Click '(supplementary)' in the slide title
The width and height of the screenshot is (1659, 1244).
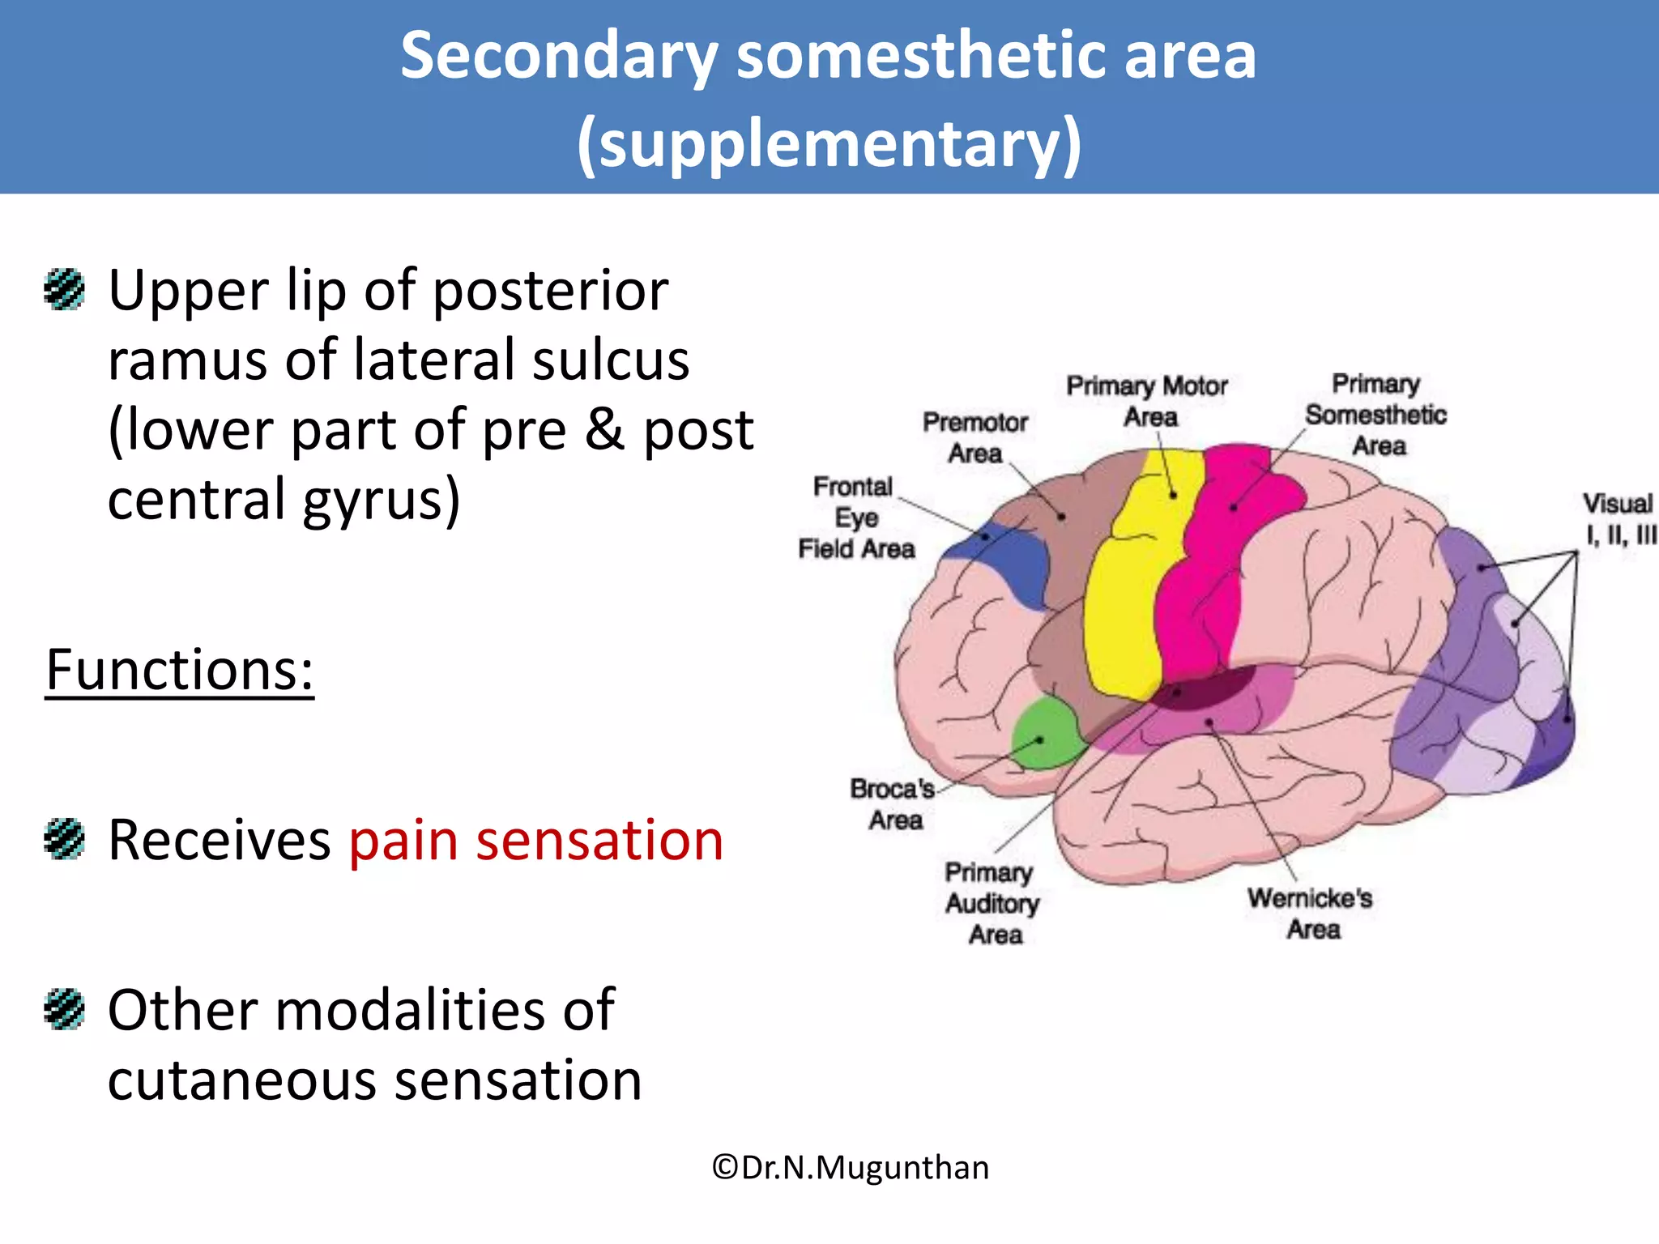(x=829, y=144)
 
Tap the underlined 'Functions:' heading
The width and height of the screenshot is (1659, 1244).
(x=179, y=671)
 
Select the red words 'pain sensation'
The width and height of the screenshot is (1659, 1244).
(x=535, y=841)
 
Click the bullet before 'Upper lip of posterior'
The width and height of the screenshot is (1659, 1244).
(x=64, y=290)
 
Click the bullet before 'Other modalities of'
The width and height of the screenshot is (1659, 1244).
(x=64, y=1009)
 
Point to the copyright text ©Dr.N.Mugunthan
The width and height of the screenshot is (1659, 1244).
(x=850, y=1168)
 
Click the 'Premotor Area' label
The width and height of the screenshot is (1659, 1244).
(x=975, y=437)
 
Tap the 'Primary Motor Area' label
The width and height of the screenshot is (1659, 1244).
(x=1147, y=401)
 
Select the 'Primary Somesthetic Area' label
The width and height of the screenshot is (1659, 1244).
(x=1375, y=415)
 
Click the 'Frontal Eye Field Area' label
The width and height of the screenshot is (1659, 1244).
(x=855, y=518)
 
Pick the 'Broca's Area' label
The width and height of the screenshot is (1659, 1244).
(x=893, y=804)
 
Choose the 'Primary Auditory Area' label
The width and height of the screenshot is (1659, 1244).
(x=992, y=903)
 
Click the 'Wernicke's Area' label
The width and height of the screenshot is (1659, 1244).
(x=1310, y=913)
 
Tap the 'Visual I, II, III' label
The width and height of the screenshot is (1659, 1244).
(x=1618, y=519)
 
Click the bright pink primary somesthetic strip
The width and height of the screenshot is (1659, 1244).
(x=1207, y=583)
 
